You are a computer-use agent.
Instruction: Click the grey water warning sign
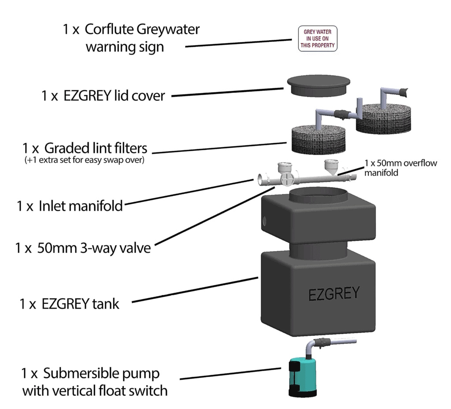(x=318, y=39)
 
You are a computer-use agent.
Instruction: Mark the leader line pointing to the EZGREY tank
(x=194, y=290)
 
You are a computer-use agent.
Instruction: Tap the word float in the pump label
(x=119, y=390)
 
